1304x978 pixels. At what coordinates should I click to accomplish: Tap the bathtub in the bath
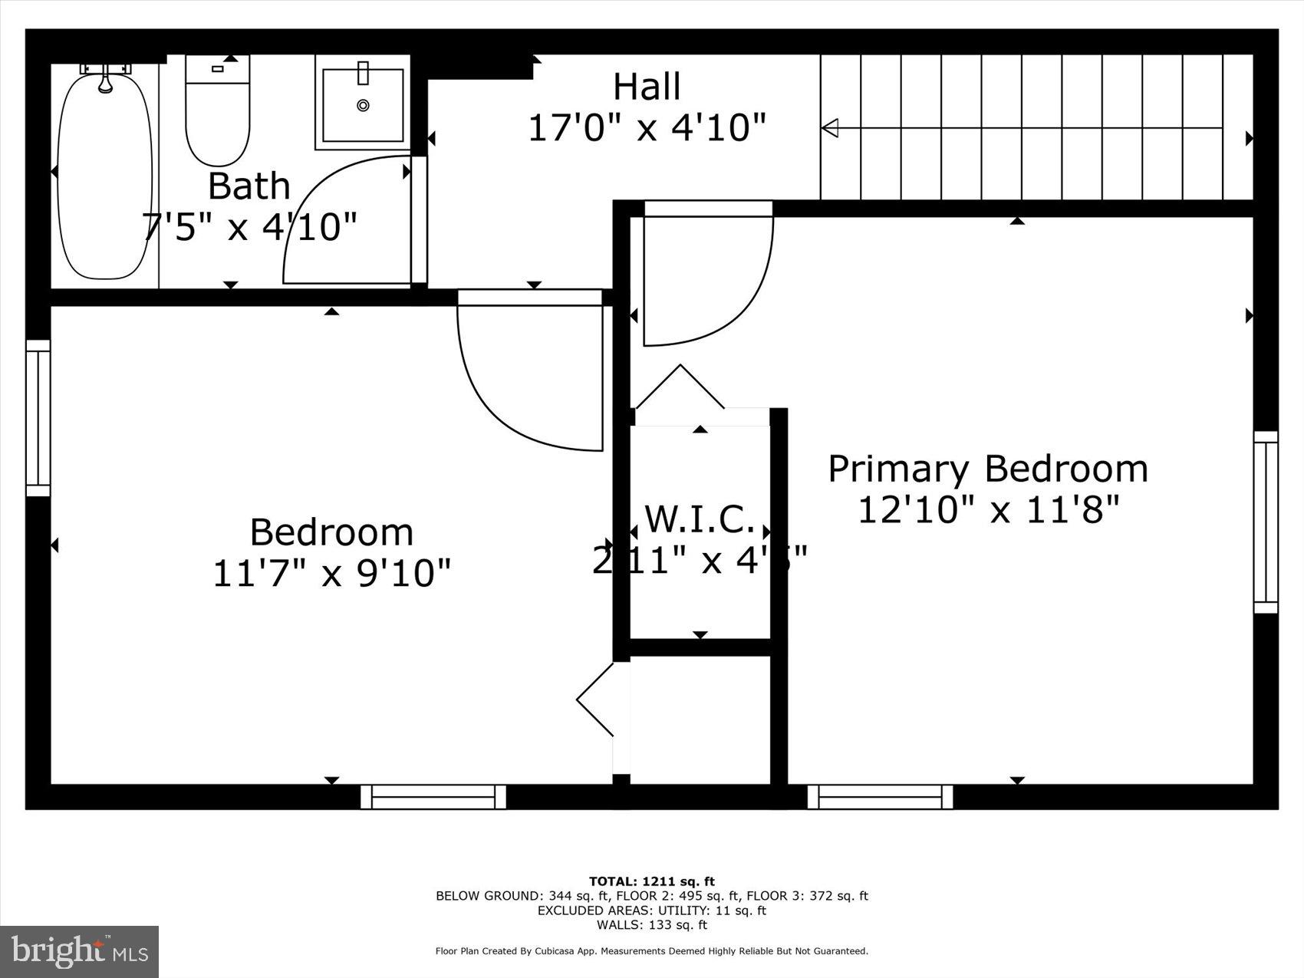click(105, 173)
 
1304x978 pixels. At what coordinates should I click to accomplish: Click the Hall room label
click(647, 87)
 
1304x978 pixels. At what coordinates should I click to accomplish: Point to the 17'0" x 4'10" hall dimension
click(647, 127)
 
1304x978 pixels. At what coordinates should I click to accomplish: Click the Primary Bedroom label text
click(988, 468)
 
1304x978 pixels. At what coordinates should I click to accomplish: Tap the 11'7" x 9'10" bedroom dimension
click(331, 572)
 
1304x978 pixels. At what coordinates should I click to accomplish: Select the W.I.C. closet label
click(700, 519)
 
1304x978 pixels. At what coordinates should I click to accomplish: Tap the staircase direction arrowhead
click(830, 128)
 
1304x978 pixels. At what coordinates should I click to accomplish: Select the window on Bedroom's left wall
click(38, 418)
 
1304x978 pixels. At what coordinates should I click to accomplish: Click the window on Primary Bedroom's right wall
click(1266, 522)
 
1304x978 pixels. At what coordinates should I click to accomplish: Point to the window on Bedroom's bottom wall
click(433, 797)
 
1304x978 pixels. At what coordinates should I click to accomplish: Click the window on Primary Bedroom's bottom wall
click(880, 797)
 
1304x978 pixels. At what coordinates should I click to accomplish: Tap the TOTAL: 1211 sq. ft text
click(651, 881)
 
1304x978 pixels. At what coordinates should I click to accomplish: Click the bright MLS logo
click(79, 952)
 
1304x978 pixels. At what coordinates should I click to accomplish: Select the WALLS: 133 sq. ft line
click(651, 925)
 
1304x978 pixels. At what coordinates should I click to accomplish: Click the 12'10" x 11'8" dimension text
click(988, 509)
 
